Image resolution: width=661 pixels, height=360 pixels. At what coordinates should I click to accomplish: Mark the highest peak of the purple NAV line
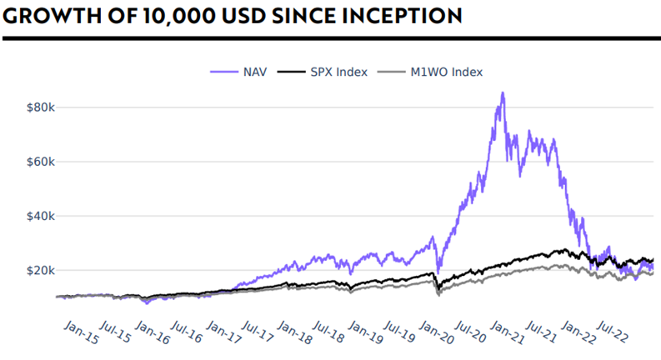click(x=502, y=93)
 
